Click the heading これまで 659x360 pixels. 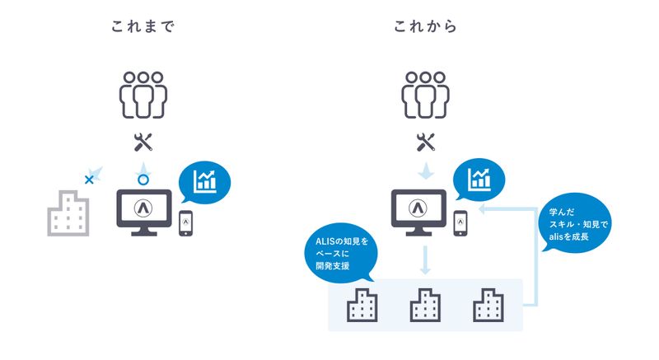(x=144, y=27)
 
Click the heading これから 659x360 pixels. (x=425, y=27)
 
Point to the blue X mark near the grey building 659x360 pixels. (x=89, y=177)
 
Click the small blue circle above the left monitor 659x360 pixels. (x=143, y=179)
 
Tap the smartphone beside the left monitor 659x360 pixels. (x=186, y=222)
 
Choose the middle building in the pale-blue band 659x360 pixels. (x=425, y=306)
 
